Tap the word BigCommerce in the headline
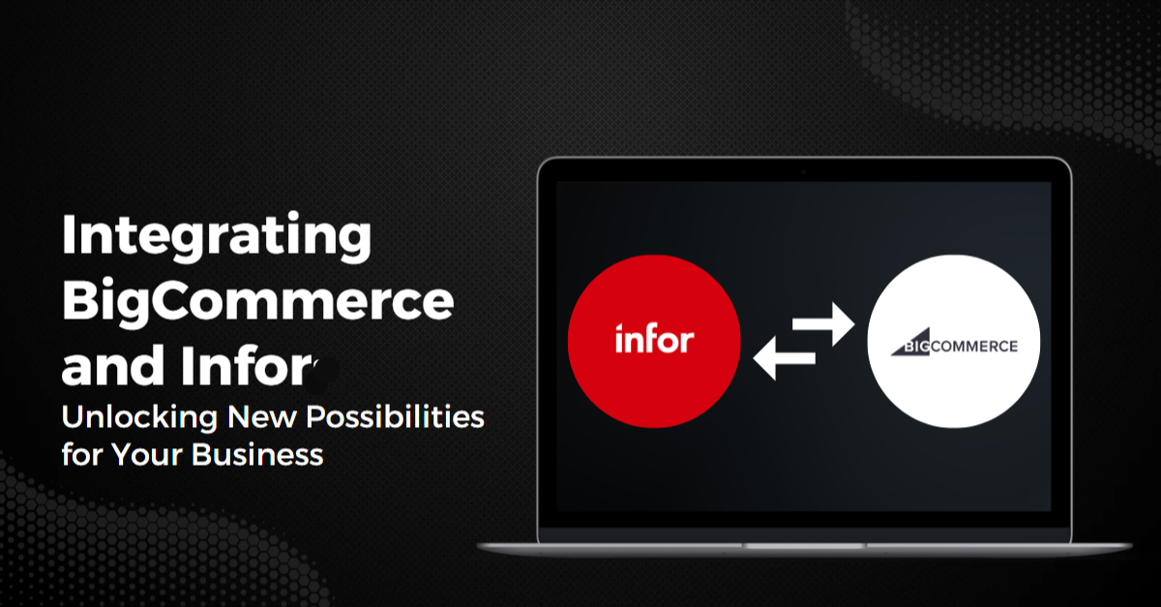(x=257, y=303)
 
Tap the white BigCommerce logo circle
(x=954, y=345)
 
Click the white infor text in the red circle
(x=654, y=340)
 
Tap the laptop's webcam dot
(x=803, y=172)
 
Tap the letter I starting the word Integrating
(x=70, y=235)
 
